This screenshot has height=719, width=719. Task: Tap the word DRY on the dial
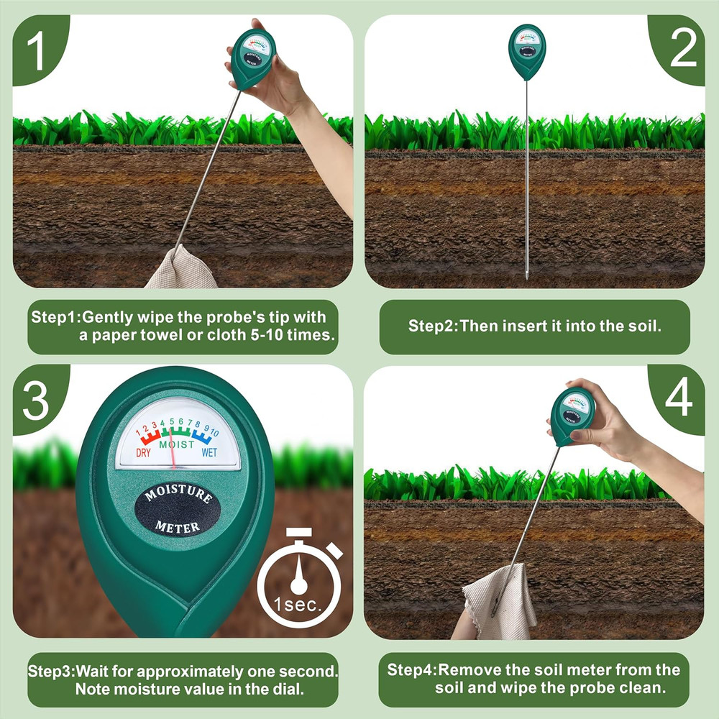pos(144,453)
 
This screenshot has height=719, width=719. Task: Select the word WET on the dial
pos(209,453)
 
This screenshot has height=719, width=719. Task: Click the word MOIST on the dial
pos(176,445)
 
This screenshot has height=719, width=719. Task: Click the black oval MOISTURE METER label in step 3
pos(178,511)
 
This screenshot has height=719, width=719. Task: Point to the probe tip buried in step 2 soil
pos(526,274)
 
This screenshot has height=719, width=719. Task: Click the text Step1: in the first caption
pos(57,317)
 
